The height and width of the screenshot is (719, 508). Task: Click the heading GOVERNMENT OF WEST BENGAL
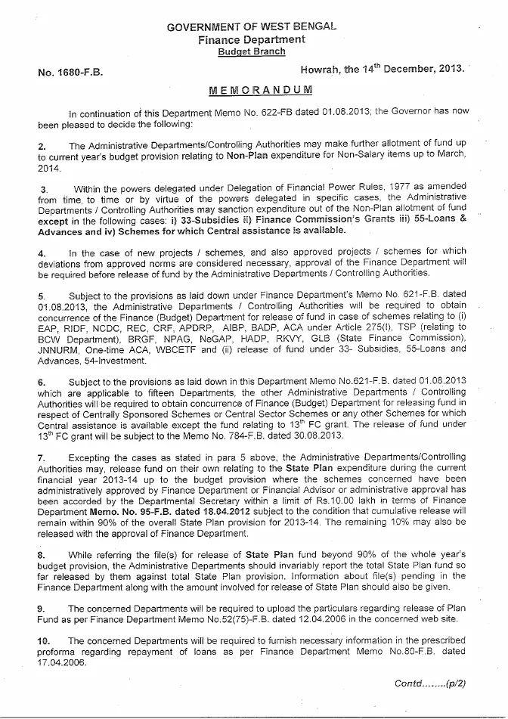(252, 26)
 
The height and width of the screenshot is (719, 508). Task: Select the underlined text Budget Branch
(252, 51)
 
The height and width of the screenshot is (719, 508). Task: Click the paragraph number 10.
(44, 640)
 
